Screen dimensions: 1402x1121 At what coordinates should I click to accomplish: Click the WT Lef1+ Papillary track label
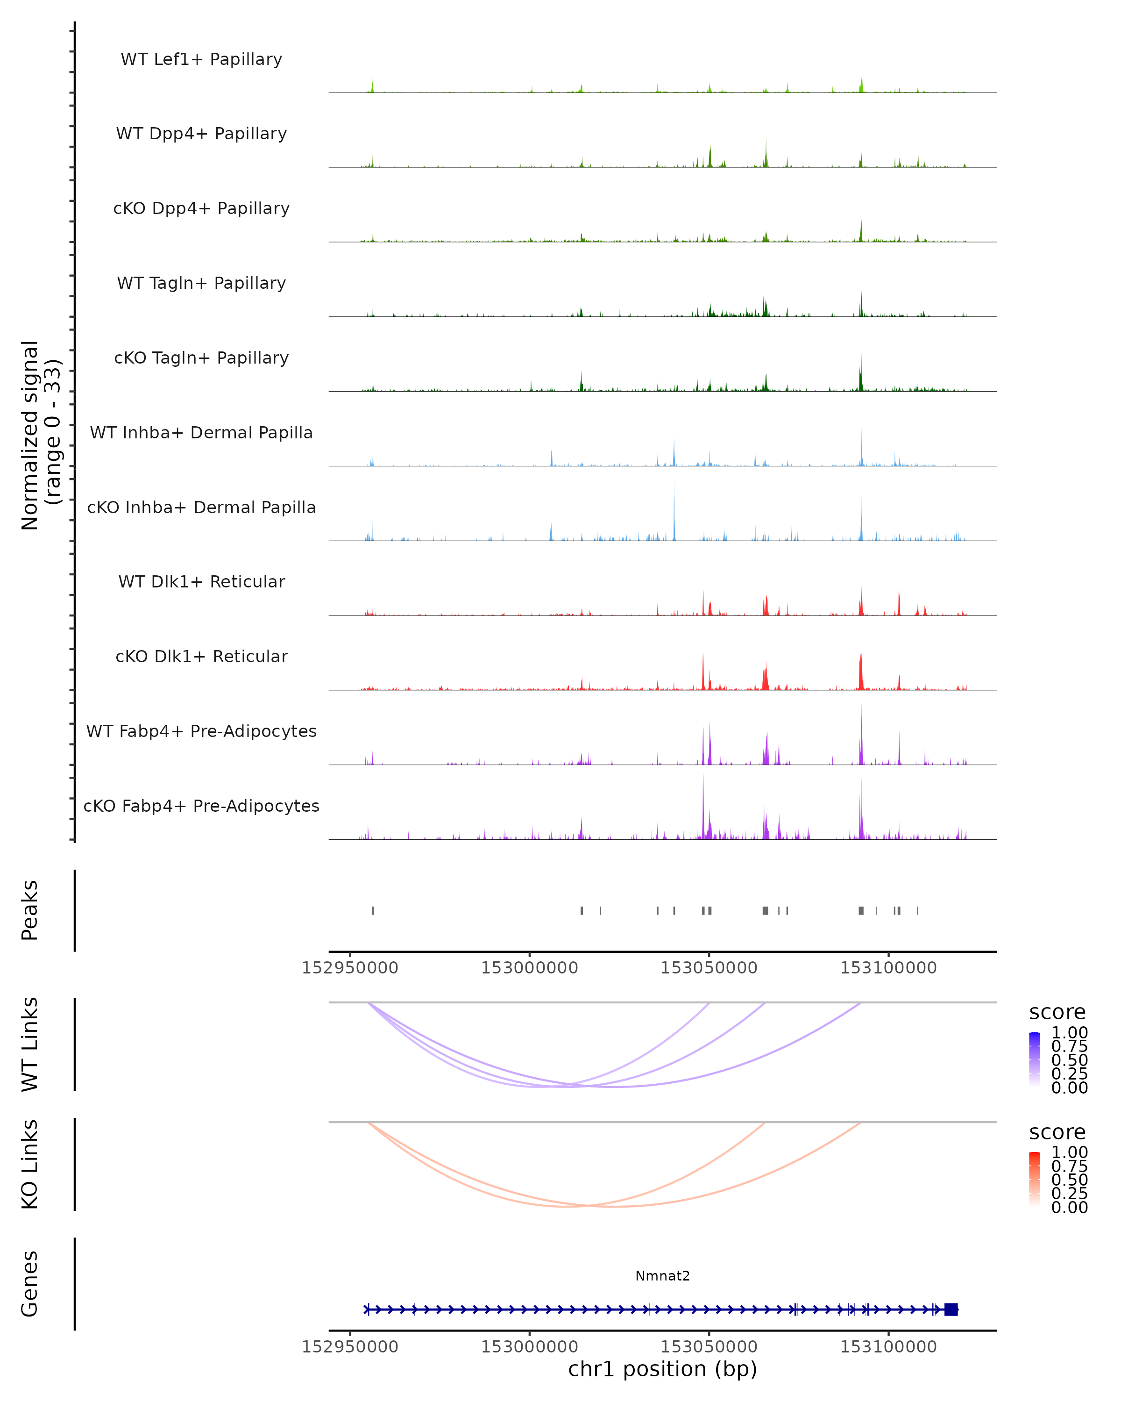click(x=201, y=59)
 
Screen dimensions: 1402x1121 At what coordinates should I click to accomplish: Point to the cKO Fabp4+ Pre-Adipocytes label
click(x=201, y=806)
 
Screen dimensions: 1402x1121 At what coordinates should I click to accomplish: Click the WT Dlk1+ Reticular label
click(x=201, y=581)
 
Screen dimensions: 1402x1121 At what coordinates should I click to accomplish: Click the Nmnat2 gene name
click(x=662, y=1276)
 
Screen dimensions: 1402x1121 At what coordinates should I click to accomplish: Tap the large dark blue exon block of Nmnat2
click(x=951, y=1309)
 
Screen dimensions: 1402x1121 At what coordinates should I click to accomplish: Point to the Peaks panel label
click(x=29, y=910)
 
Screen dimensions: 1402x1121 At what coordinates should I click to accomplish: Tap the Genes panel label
click(x=29, y=1284)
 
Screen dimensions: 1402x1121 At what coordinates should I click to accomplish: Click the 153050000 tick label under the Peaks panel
click(x=709, y=968)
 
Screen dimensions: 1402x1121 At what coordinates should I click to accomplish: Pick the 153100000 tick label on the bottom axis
click(x=888, y=1347)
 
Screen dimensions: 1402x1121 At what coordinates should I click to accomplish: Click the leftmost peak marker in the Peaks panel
click(x=373, y=910)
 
